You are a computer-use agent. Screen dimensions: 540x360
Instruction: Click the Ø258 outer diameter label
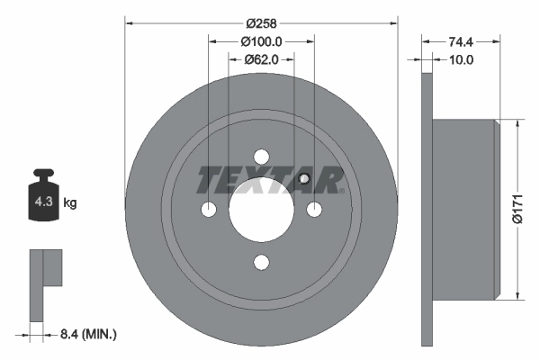coord(261,23)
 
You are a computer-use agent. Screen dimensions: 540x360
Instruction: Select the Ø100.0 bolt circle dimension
coord(261,41)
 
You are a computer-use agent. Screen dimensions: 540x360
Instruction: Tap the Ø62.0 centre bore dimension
coord(261,60)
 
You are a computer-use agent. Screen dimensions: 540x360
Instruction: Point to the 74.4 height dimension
coord(461,41)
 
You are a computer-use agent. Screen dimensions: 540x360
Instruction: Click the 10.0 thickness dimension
coord(462,60)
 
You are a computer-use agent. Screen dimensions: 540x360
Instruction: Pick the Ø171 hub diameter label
coord(517,209)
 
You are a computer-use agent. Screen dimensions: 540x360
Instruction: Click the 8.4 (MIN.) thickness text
coord(88,334)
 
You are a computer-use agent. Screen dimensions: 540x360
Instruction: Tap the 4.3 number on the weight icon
coord(44,202)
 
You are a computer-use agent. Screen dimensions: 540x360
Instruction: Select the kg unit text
coord(70,202)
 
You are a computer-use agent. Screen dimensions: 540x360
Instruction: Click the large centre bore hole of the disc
coord(261,209)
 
